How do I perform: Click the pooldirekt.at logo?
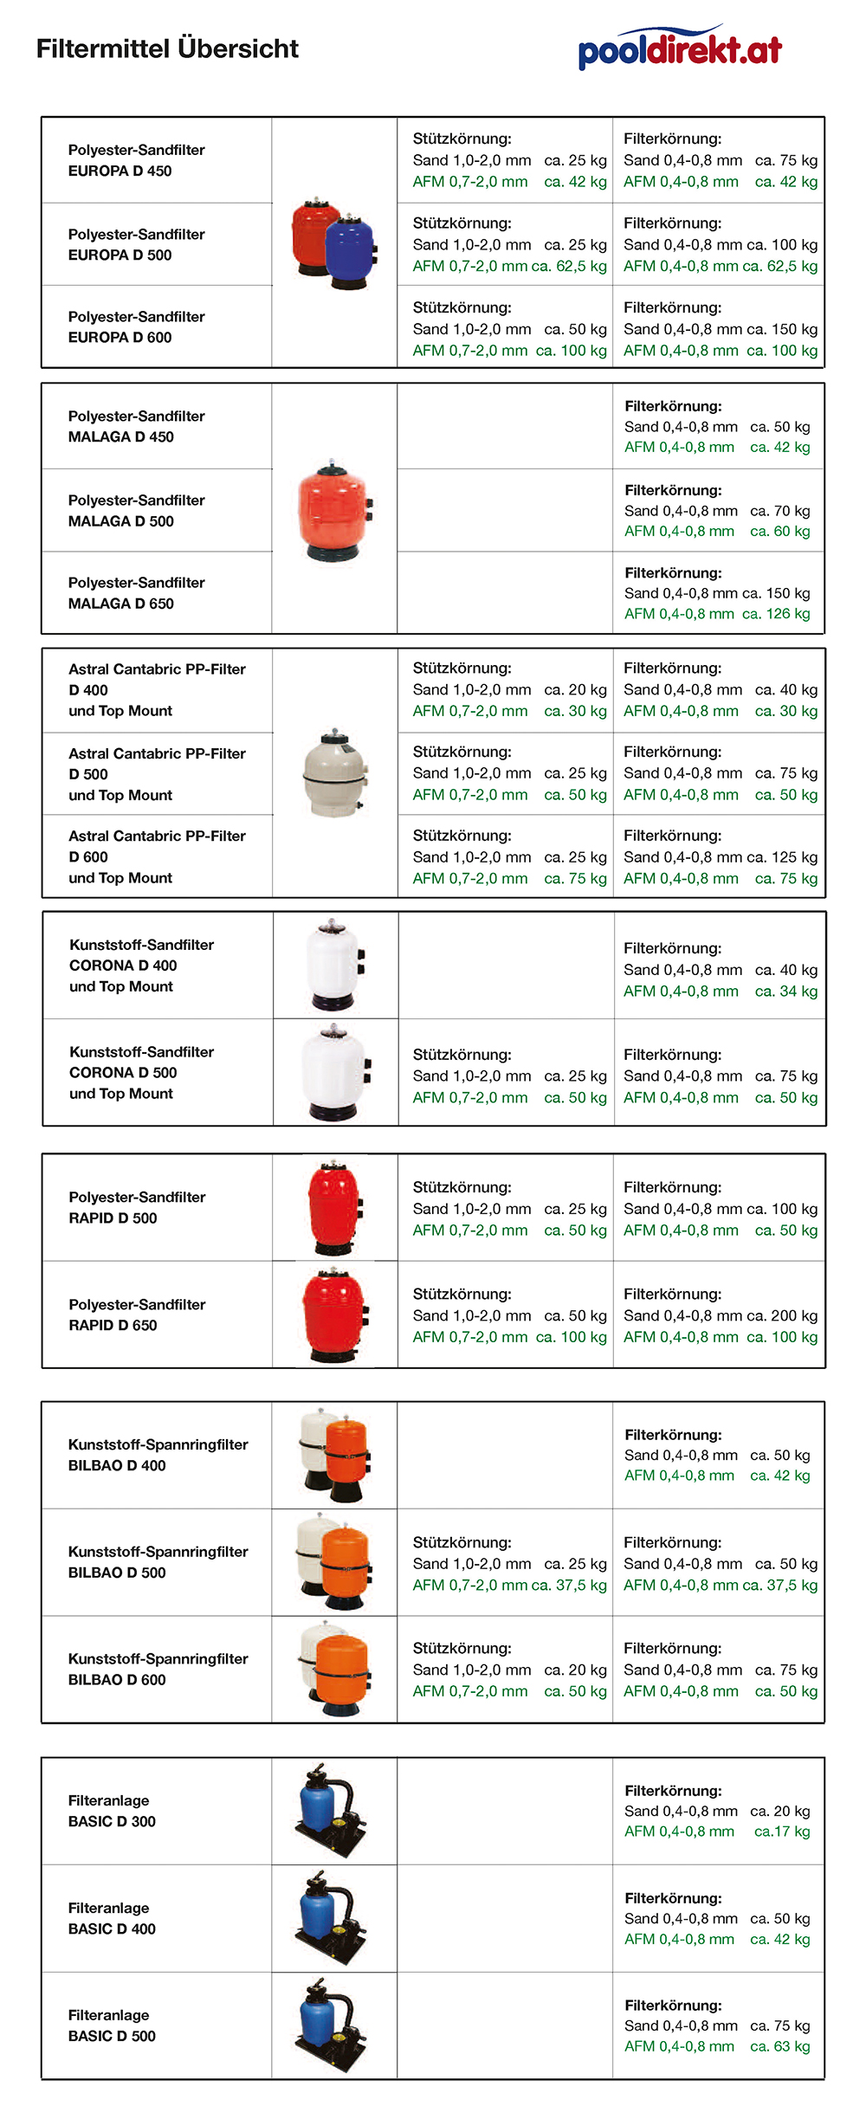point(680,48)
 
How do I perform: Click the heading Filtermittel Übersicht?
point(167,48)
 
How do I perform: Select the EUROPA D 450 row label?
point(136,160)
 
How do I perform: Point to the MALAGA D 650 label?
point(136,593)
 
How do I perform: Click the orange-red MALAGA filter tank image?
point(334,511)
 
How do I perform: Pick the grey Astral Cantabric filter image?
point(335,774)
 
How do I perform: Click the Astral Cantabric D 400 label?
point(157,689)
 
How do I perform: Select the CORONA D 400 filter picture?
point(335,965)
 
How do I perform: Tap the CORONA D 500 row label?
point(141,1072)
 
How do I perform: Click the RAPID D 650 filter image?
point(335,1315)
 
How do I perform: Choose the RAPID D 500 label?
point(136,1207)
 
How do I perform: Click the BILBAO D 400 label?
point(158,1455)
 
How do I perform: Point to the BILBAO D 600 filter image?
point(336,1669)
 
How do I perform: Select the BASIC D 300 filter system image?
point(331,1810)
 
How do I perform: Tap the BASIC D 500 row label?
point(112,2025)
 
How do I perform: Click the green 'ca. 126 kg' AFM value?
point(776,614)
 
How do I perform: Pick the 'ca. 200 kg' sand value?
point(782,1315)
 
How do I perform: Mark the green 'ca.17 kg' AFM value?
point(782,1831)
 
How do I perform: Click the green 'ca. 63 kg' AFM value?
point(780,2046)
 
